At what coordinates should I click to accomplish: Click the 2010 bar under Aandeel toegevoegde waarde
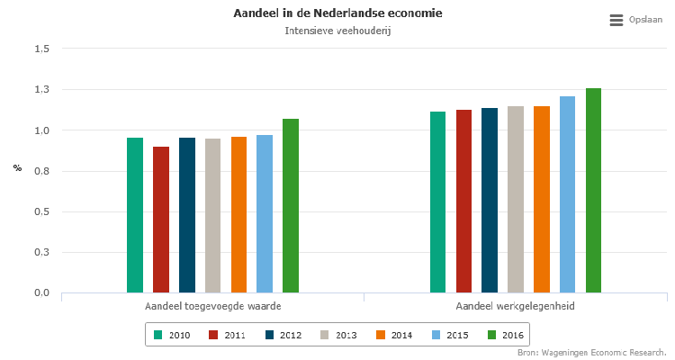135,215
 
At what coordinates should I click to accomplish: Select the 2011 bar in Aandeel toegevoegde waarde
161,220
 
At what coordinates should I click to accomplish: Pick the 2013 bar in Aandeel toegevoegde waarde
212,216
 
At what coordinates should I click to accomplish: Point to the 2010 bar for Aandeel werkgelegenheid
438,202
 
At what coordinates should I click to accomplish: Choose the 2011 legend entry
227,335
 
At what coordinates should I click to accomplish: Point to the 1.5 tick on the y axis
40,49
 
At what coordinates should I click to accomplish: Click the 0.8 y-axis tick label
40,171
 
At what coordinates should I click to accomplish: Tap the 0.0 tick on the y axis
40,292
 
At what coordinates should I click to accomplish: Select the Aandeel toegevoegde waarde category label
212,307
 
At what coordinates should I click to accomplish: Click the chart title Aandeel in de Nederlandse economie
337,13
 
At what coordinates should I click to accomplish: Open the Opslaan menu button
631,20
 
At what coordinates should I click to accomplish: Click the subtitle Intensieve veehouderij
337,31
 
